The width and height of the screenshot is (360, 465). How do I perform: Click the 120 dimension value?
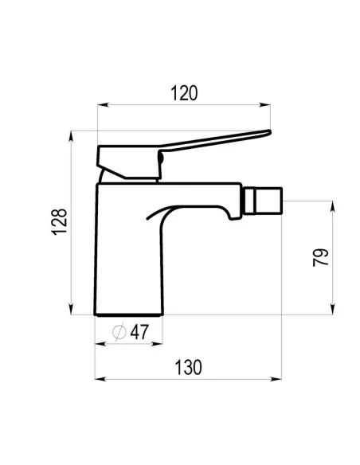point(184,93)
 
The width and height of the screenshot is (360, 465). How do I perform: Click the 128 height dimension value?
point(59,222)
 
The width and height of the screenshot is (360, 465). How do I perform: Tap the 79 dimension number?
point(320,257)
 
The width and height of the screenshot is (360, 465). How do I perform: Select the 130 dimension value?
point(188,367)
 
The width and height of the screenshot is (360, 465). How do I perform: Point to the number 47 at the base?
point(139,332)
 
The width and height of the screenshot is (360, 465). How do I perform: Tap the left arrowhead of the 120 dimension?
point(103,104)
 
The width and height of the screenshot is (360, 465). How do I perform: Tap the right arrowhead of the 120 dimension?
point(264,104)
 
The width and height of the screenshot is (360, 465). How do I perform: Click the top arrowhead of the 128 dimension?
point(71,136)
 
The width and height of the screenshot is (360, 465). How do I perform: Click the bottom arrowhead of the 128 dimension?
point(71,309)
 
